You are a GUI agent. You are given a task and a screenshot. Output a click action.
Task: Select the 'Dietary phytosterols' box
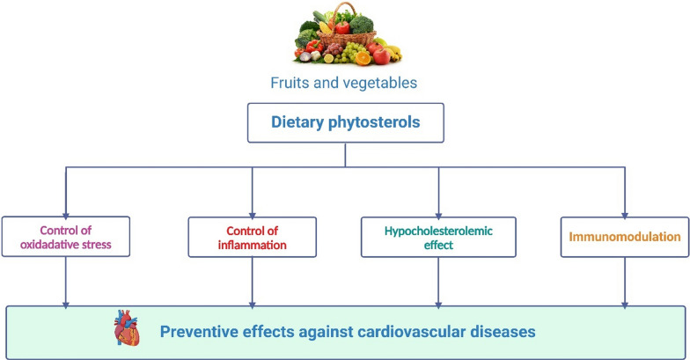tap(345, 124)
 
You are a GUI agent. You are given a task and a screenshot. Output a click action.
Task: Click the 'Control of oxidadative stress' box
tap(67, 237)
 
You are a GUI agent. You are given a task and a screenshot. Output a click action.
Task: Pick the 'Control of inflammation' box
tap(252, 237)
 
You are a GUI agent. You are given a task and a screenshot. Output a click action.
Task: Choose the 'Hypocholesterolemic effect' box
tap(438, 237)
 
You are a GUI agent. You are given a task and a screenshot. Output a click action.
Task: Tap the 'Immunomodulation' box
tap(624, 237)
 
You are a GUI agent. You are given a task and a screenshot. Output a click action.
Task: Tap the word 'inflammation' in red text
tap(252, 245)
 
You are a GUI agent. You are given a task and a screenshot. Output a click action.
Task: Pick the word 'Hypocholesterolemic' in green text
tap(438, 230)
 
